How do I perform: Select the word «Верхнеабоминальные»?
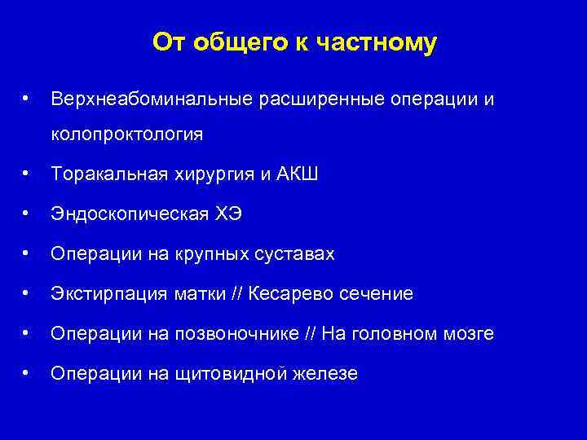(152, 99)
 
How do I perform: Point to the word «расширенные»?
(324, 99)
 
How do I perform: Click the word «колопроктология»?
(126, 134)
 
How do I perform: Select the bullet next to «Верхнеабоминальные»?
(28, 99)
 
